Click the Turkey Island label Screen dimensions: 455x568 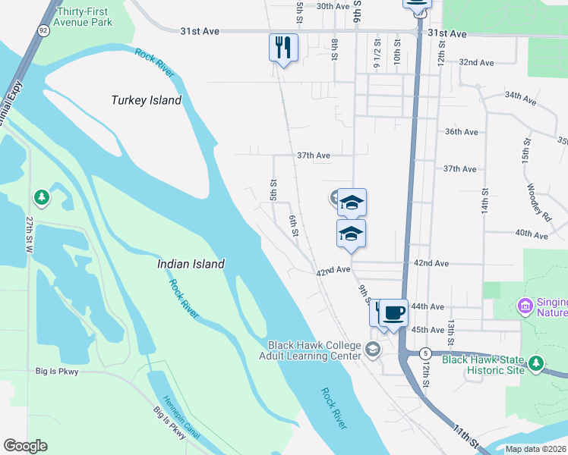click(147, 100)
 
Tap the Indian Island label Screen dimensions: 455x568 click(191, 264)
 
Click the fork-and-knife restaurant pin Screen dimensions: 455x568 click(283, 48)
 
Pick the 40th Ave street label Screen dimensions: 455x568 click(532, 235)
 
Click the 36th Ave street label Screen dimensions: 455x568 click(461, 131)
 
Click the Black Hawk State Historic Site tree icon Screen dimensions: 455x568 click(537, 364)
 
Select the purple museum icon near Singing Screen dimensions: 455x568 click(524, 306)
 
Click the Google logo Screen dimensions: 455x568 click(25, 445)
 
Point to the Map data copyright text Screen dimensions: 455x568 click(535, 449)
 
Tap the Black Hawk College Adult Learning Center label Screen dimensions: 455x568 click(310, 350)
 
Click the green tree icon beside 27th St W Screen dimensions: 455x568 click(42, 198)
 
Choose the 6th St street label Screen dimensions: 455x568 click(294, 226)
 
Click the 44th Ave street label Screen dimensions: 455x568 click(426, 306)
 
